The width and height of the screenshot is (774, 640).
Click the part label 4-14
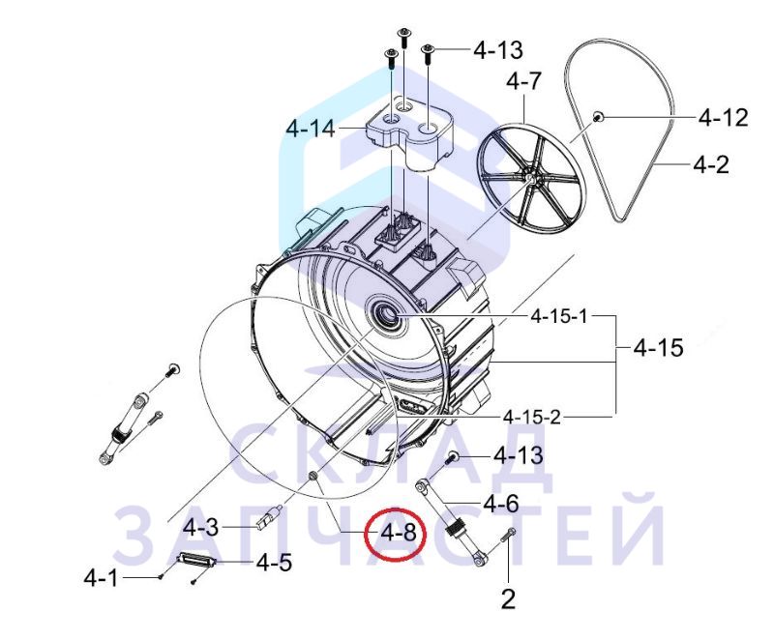pyautogui.click(x=311, y=130)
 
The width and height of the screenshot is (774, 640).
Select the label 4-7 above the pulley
pyautogui.click(x=523, y=81)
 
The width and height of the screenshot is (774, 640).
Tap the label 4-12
pyautogui.click(x=723, y=118)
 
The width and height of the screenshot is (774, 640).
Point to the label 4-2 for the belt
pyautogui.click(x=711, y=164)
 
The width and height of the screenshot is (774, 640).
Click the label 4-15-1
pyautogui.click(x=559, y=316)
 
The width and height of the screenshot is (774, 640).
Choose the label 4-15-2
pyautogui.click(x=532, y=417)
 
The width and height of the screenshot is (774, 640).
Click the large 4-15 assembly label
pyautogui.click(x=659, y=348)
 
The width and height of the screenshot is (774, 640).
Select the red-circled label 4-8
pyautogui.click(x=398, y=533)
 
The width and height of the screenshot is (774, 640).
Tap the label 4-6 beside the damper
pyautogui.click(x=501, y=504)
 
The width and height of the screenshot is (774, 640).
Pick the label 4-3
pyautogui.click(x=200, y=528)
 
